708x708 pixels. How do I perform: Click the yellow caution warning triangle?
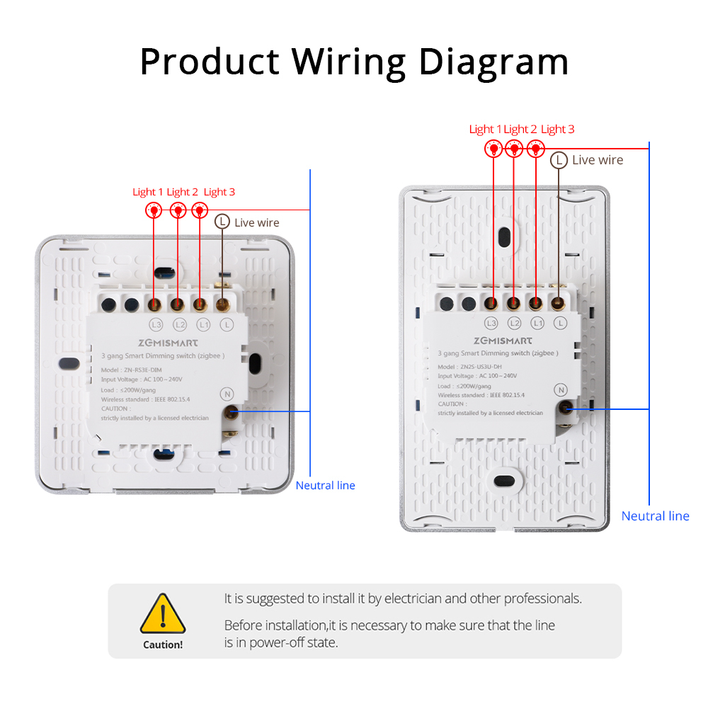(x=163, y=615)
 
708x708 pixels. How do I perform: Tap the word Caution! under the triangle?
(x=163, y=644)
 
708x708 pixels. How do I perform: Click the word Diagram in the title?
(x=493, y=62)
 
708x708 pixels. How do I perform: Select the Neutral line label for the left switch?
(x=325, y=485)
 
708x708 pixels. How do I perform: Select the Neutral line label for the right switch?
(x=655, y=516)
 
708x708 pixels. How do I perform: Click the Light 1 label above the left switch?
(x=148, y=192)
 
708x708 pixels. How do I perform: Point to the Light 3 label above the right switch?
(x=557, y=129)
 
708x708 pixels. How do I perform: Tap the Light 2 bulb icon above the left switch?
(x=178, y=210)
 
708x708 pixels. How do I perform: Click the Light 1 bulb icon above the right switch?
(x=493, y=149)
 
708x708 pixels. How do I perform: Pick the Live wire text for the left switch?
(x=257, y=222)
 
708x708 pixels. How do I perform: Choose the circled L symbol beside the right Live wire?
(x=559, y=160)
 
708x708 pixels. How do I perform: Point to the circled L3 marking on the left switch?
(x=156, y=325)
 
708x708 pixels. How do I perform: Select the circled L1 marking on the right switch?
(x=537, y=323)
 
